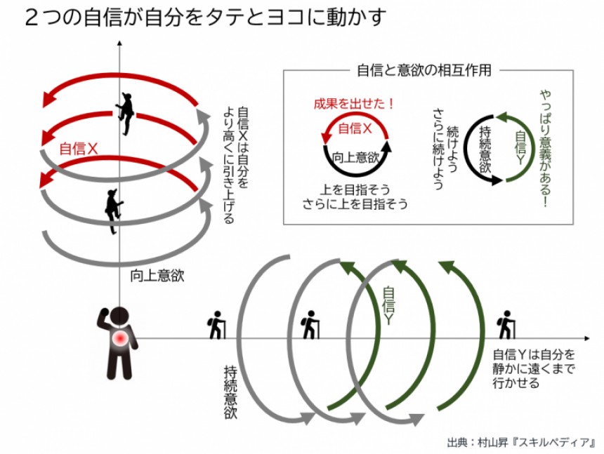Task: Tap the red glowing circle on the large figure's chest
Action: tap(122, 340)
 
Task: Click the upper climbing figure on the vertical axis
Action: tap(125, 113)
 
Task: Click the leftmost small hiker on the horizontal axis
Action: tap(216, 326)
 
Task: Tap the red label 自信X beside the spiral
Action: tap(78, 148)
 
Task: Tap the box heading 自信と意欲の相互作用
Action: tap(424, 70)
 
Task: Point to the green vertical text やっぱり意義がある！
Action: tap(545, 148)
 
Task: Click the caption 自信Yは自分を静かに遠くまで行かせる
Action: tap(534, 368)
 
